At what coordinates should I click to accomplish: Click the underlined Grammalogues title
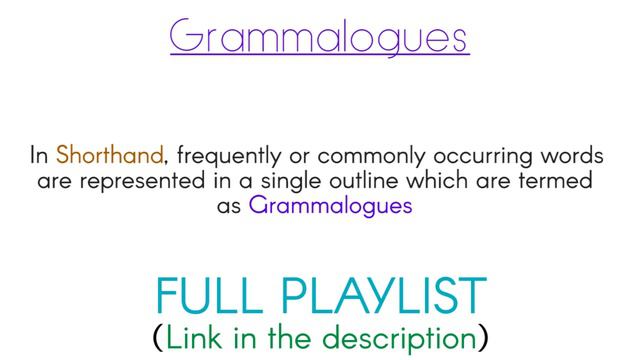[x=319, y=37]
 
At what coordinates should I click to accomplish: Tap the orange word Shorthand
[x=109, y=156]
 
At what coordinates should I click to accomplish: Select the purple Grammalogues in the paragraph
[x=331, y=207]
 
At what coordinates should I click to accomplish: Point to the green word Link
[x=195, y=337]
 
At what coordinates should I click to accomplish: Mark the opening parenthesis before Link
[x=158, y=338]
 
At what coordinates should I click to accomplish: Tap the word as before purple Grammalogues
[x=230, y=208]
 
